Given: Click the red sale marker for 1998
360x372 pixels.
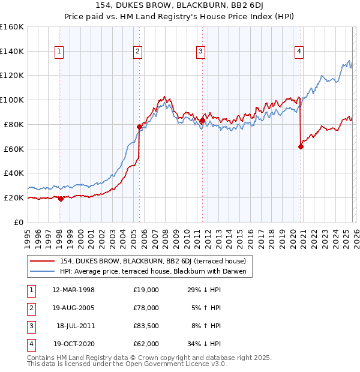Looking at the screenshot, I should [x=61, y=199].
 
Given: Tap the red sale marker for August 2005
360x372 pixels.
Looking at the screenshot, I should [x=139, y=127].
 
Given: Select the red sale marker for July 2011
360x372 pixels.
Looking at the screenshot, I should [x=202, y=120].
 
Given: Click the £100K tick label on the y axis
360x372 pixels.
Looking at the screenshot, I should [x=12, y=100].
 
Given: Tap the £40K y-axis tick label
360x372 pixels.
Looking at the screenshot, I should [x=14, y=173].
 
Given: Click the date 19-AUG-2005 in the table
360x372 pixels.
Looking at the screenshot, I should [x=73, y=307].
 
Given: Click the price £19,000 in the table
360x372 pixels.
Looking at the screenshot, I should [x=146, y=289].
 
